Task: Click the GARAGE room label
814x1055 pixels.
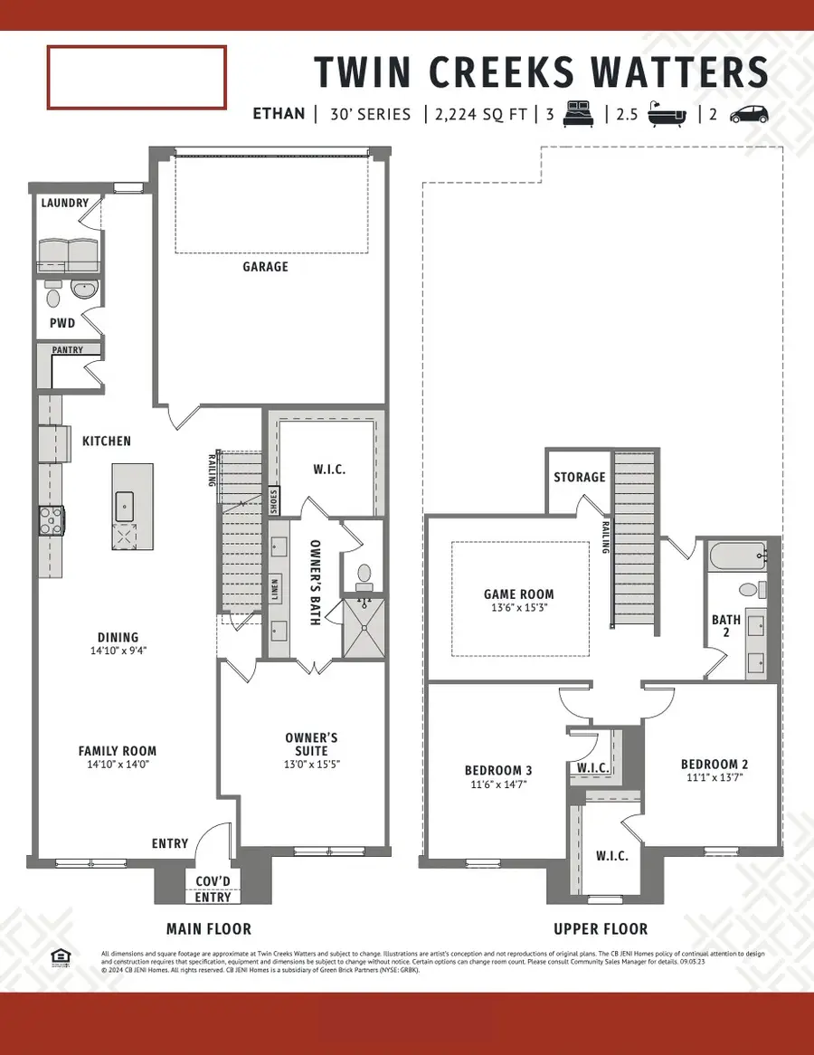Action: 265,267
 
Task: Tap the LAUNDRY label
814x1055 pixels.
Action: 64,203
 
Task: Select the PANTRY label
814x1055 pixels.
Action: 68,350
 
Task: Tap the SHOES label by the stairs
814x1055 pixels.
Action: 274,500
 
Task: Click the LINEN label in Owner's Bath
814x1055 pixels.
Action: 274,588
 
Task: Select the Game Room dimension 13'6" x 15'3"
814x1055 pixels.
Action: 518,610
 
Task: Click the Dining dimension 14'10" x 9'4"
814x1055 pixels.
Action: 118,651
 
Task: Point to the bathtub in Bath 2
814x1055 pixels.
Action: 737,556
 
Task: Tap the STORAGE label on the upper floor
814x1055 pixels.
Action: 579,477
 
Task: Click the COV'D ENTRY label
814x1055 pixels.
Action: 213,889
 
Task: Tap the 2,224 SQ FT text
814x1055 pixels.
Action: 478,115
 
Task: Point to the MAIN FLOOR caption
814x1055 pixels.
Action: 209,929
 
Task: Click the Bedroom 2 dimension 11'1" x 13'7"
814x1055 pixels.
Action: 714,780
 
